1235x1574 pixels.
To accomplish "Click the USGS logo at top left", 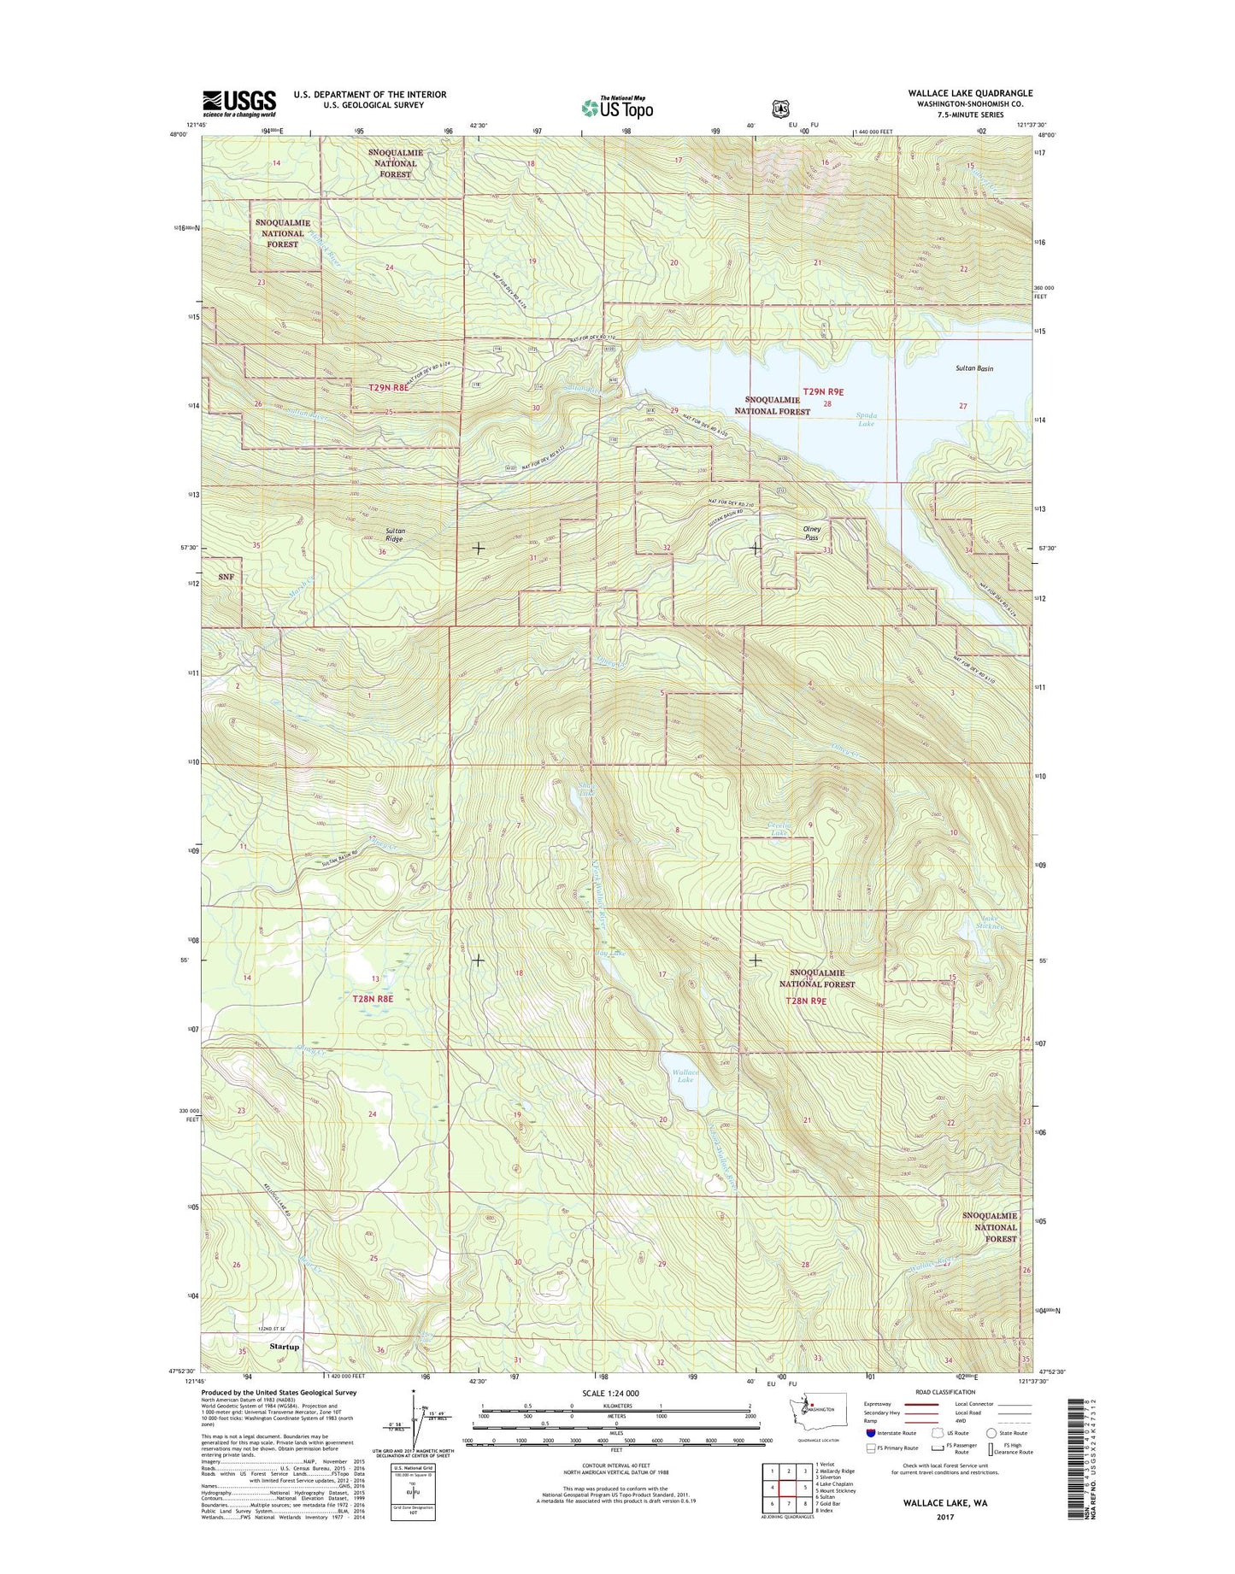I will (x=239, y=103).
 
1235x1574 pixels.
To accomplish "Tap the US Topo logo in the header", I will (x=617, y=107).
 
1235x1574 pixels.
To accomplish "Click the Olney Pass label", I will (x=811, y=533).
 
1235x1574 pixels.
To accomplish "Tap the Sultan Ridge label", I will (x=394, y=535).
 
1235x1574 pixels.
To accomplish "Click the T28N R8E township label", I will (x=373, y=998).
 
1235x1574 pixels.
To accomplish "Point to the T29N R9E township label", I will (x=823, y=391).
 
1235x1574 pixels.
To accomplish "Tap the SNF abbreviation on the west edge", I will (x=226, y=577).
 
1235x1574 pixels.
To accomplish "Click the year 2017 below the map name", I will (x=938, y=1517).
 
